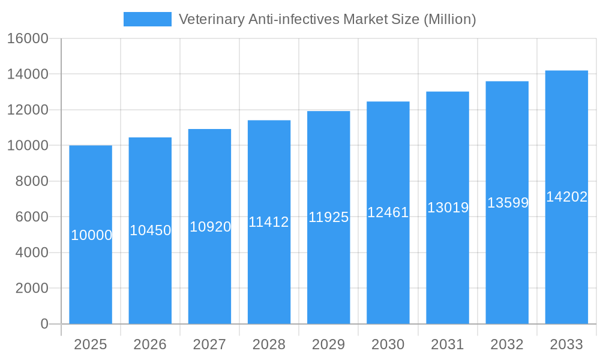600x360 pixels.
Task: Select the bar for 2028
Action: (269, 270)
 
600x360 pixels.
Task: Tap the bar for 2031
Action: (448, 270)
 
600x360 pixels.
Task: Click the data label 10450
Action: (151, 230)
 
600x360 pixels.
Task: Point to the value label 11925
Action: (329, 217)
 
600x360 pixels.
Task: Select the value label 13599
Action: (508, 203)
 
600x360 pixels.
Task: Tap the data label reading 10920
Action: (210, 227)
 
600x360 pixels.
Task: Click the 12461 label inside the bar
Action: (388, 212)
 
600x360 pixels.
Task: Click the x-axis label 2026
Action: (150, 344)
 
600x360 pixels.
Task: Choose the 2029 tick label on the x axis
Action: (329, 344)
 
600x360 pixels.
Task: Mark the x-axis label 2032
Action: (507, 344)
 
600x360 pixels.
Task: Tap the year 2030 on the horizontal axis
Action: (388, 344)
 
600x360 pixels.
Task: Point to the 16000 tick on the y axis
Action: (28, 39)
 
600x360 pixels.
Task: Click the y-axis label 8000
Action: (31, 181)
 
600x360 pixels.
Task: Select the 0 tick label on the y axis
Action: (44, 324)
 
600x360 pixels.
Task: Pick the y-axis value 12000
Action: (28, 110)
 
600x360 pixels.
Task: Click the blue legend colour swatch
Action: (147, 19)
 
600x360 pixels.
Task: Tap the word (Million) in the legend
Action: (449, 19)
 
